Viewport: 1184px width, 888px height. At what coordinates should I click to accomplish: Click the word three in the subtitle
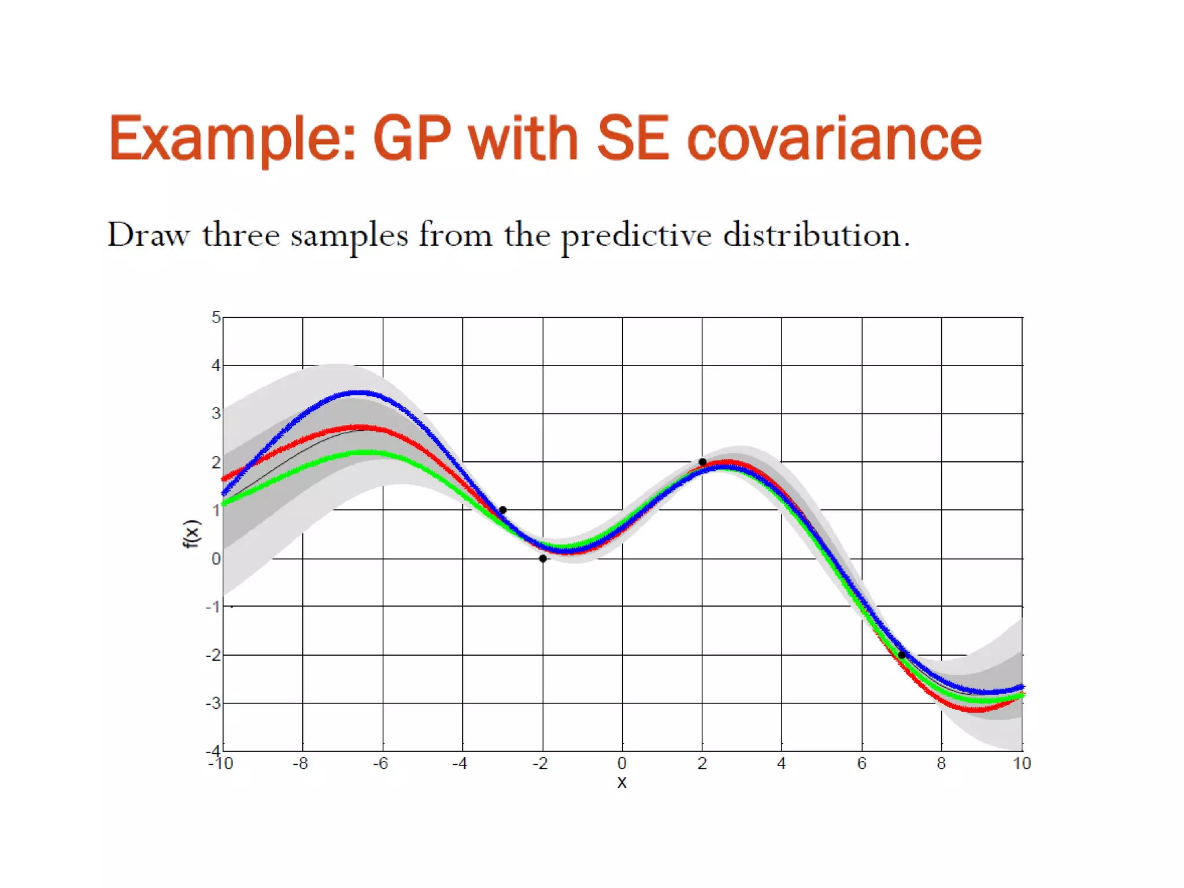(240, 235)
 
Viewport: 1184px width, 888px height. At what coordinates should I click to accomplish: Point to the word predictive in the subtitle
(636, 236)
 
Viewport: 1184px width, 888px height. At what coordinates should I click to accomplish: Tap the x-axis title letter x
(622, 783)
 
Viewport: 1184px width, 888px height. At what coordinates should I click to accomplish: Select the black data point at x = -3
(502, 510)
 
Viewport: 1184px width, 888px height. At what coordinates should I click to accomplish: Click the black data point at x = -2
(543, 558)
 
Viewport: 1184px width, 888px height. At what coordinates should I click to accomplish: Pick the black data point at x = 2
(702, 462)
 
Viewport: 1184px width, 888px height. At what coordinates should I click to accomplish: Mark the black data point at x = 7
(902, 655)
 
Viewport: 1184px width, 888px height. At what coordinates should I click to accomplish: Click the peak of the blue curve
(358, 393)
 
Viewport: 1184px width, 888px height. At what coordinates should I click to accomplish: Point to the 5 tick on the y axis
(216, 317)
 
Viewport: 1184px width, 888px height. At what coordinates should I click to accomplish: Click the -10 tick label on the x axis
(220, 764)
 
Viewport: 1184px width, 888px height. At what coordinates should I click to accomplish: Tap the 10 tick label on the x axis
(1022, 764)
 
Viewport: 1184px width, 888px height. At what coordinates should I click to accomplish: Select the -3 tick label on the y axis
(213, 704)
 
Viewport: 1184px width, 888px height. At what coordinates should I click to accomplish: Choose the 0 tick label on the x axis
(622, 764)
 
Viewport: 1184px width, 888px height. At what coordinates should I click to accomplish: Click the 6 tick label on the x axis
(861, 764)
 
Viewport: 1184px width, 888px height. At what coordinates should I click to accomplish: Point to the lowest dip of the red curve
(977, 709)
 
